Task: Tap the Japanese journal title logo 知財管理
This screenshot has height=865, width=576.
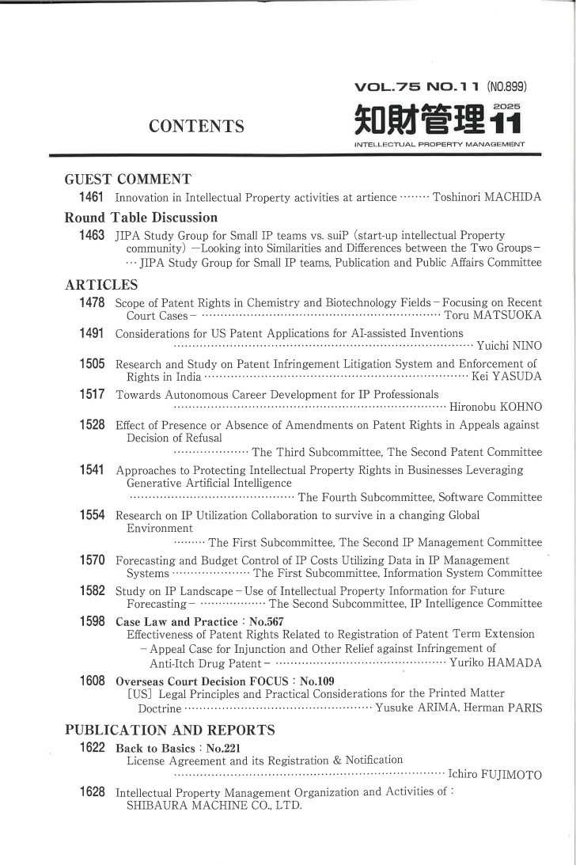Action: click(x=418, y=122)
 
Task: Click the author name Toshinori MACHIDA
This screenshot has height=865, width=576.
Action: click(x=487, y=197)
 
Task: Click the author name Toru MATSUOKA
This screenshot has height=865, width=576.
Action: click(x=494, y=317)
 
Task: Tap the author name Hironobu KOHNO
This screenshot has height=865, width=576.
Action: click(x=495, y=408)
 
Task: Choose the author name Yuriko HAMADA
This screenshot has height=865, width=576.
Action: click(x=495, y=663)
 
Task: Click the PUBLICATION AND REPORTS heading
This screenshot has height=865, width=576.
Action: click(x=169, y=729)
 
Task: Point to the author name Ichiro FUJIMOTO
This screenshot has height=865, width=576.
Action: click(x=495, y=775)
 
